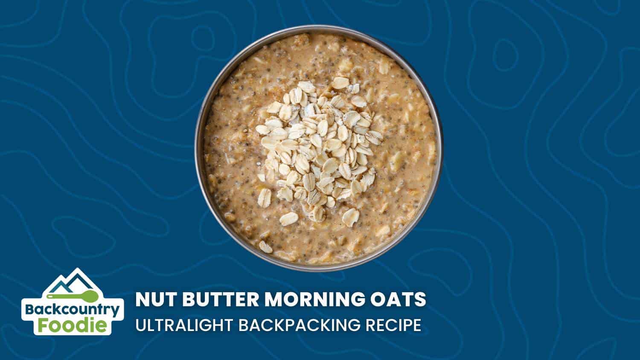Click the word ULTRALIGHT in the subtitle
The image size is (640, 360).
tap(184, 325)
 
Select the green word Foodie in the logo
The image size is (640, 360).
tap(73, 325)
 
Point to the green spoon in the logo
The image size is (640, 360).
tap(73, 296)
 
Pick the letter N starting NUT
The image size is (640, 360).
tap(143, 299)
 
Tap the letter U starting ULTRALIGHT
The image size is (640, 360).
tap(141, 325)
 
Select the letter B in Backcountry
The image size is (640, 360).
tap(30, 310)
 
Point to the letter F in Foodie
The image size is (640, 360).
tap(43, 325)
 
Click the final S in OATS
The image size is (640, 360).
tap(420, 299)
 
